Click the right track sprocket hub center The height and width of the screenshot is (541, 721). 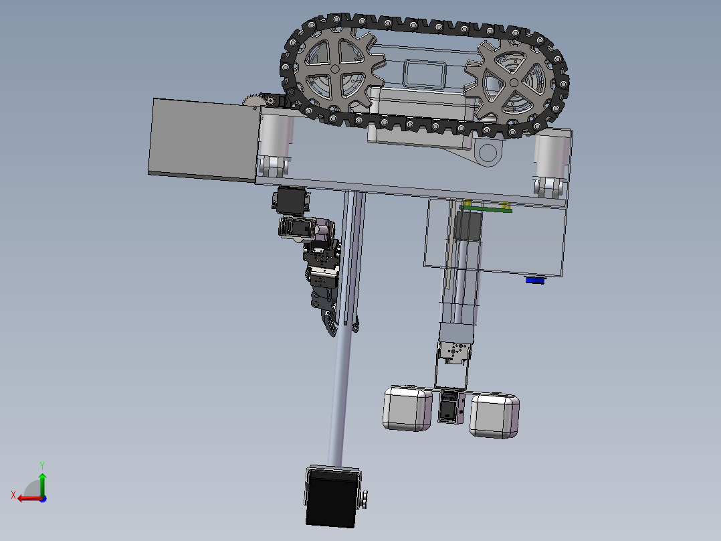pos(513,82)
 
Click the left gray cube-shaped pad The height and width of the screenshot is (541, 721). pos(408,408)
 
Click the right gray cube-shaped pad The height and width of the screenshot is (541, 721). pos(494,415)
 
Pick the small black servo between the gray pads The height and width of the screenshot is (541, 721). pos(450,407)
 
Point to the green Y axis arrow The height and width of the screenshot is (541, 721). pos(41,479)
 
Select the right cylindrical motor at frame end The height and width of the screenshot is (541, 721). pos(552,161)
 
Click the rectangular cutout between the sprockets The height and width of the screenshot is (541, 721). pos(425,73)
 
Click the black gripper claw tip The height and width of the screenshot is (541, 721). pos(331,328)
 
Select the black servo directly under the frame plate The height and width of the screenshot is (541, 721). pos(292,200)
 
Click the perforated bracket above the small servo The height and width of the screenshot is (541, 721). pos(455,352)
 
